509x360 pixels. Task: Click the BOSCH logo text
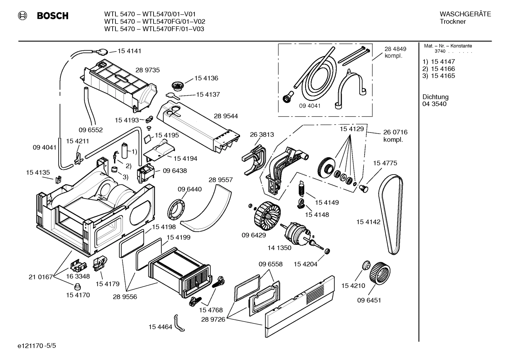pos(53,16)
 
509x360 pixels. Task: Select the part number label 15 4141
pos(129,51)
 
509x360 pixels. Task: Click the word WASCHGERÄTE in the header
pos(465,14)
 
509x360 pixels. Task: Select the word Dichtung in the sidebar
pos(435,97)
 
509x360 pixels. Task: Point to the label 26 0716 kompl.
pos(395,136)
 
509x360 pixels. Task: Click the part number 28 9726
pos(213,320)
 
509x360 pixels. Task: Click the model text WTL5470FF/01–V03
pos(173,29)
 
